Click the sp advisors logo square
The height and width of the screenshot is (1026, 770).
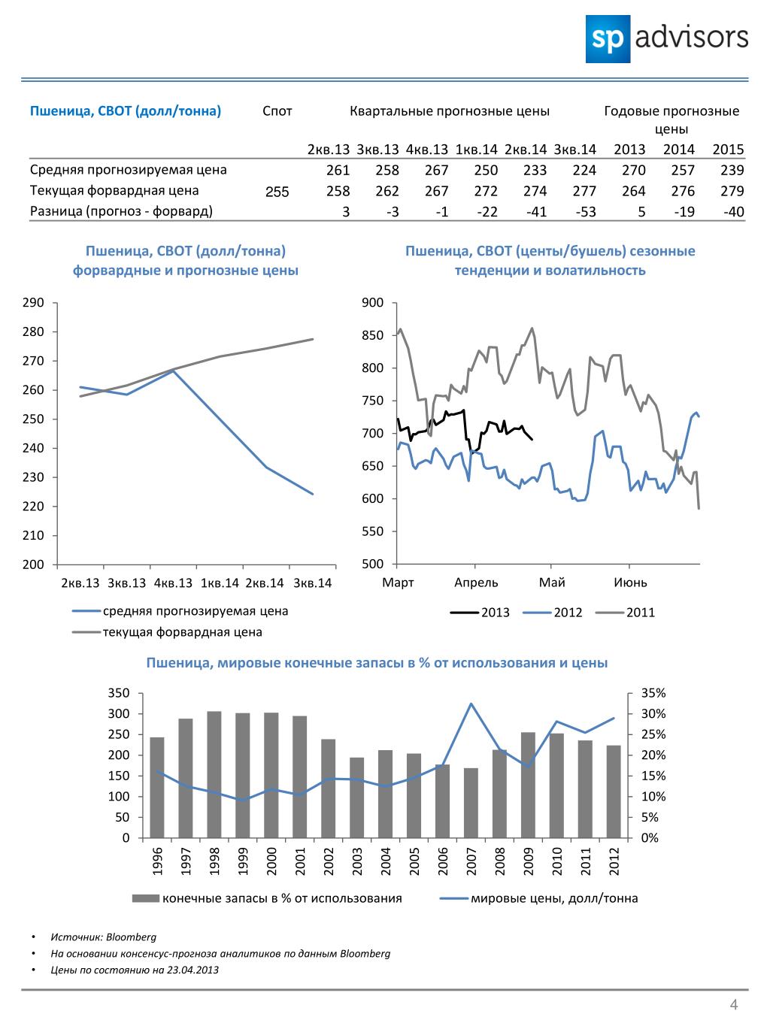pos(608,39)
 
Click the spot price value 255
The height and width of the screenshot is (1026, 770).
pos(277,192)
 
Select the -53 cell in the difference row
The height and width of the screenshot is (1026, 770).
pos(585,212)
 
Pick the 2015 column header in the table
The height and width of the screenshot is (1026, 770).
pos(728,149)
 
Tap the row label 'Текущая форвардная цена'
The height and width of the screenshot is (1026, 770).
pos(114,191)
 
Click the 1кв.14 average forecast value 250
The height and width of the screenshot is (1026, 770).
pos(486,170)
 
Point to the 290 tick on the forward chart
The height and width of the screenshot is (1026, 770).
pos(33,302)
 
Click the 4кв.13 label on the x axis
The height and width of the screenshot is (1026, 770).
pos(173,583)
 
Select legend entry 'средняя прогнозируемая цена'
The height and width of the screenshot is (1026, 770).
pos(180,611)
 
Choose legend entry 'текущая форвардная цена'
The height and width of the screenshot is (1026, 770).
pos(167,632)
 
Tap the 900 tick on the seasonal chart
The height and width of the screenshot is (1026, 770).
pos(373,302)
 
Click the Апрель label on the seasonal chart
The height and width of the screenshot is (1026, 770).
pos(476,583)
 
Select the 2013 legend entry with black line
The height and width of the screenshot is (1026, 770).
pos(480,613)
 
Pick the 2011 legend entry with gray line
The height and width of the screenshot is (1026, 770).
pos(625,613)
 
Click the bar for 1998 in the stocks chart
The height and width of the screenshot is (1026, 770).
pos(214,774)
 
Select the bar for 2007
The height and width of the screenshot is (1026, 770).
pos(471,803)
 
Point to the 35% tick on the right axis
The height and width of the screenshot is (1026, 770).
pos(653,693)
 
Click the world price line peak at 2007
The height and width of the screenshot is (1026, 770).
pos(471,704)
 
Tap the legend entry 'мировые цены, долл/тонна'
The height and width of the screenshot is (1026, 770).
pos(539,898)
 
